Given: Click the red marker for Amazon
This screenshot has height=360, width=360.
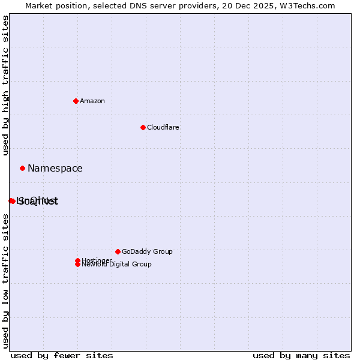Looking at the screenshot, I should click(x=76, y=101).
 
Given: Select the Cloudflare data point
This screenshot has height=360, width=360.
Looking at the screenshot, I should click(x=143, y=127).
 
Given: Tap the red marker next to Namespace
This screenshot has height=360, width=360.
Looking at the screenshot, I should click(x=22, y=169).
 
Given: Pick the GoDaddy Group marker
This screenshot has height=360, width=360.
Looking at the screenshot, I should click(x=118, y=251).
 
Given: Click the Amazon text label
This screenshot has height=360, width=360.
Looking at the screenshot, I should click(x=92, y=101).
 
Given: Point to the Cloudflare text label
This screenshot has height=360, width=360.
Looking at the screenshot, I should click(x=163, y=127).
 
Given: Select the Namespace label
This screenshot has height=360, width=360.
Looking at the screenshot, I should click(x=55, y=169).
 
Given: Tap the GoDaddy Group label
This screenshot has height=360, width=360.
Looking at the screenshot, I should click(x=147, y=251).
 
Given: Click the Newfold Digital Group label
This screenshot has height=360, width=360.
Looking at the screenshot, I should click(x=117, y=264).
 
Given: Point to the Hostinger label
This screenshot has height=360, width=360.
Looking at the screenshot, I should click(x=97, y=260).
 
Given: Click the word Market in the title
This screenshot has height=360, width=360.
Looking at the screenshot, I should click(x=38, y=5).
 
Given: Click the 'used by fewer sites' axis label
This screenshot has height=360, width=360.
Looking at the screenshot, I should click(x=62, y=355).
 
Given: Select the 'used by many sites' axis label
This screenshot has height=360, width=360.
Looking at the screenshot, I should click(x=301, y=355).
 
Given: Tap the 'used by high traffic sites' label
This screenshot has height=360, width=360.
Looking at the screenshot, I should click(x=6, y=86).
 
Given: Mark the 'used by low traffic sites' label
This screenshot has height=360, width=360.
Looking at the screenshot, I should click(x=6, y=281).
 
